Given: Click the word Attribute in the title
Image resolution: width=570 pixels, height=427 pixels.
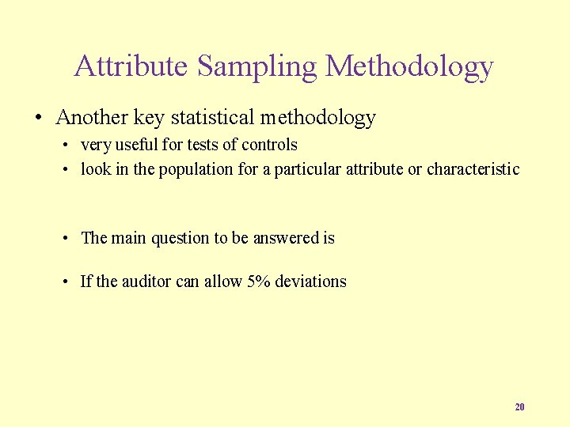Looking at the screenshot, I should point(131,66).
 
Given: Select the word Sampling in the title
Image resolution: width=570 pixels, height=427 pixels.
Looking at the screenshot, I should point(257,66).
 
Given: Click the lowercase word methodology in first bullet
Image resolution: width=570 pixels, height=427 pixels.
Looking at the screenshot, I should point(317,118).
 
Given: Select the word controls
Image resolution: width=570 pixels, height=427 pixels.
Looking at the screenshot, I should point(269,145).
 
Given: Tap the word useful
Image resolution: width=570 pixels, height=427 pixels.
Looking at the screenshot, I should point(138,145).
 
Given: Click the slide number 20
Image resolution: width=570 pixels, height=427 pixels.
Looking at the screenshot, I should point(519,407).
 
